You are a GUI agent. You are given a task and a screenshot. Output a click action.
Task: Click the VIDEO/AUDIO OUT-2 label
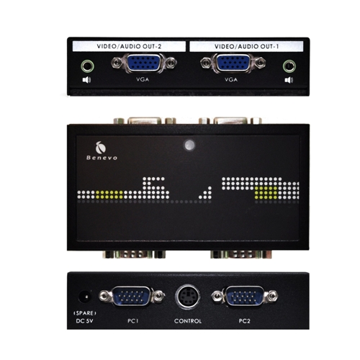tap(129, 46)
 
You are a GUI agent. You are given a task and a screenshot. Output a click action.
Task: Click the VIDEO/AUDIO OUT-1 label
tap(246, 46)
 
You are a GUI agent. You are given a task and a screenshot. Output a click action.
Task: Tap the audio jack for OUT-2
tap(87, 66)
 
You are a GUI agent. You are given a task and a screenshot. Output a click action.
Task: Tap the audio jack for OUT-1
tap(289, 66)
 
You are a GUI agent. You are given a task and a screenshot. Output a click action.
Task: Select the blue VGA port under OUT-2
tap(144, 63)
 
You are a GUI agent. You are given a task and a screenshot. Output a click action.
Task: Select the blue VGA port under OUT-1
tap(233, 63)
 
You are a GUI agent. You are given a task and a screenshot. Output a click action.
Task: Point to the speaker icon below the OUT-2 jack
tap(86, 80)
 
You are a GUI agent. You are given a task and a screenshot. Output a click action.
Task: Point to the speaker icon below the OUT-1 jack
tap(289, 80)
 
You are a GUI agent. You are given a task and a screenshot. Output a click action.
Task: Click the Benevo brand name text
tap(102, 158)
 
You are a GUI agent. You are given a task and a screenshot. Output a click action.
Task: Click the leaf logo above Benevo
tap(101, 147)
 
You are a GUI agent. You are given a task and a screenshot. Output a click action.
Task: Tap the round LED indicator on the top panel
tap(189, 145)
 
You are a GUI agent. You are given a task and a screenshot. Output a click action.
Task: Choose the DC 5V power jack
tap(85, 297)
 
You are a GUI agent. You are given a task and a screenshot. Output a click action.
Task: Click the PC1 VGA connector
tap(132, 296)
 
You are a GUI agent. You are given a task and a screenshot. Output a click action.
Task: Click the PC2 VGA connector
tap(245, 296)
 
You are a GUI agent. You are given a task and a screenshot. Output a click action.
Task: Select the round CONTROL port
tap(188, 297)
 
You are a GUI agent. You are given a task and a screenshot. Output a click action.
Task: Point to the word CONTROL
tap(188, 321)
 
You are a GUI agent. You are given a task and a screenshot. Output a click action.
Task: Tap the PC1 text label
tap(133, 321)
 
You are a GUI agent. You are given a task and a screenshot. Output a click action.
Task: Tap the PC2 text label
tap(244, 321)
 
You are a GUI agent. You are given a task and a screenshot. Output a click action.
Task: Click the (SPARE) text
tap(85, 313)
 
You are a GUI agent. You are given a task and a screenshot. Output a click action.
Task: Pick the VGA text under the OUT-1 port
tap(231, 79)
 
